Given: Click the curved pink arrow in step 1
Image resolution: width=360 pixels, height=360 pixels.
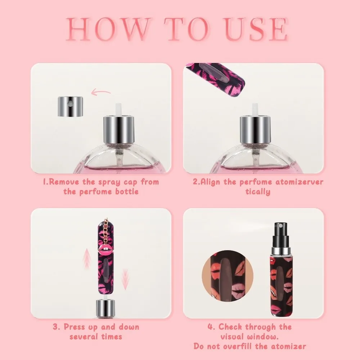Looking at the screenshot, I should pos(101,93).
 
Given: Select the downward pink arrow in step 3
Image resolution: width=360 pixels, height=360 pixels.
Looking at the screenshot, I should pos(125,279).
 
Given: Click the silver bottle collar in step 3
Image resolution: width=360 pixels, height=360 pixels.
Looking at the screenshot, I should pos(104,308).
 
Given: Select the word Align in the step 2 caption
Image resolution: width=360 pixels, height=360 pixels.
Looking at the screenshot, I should pos(211,181).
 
